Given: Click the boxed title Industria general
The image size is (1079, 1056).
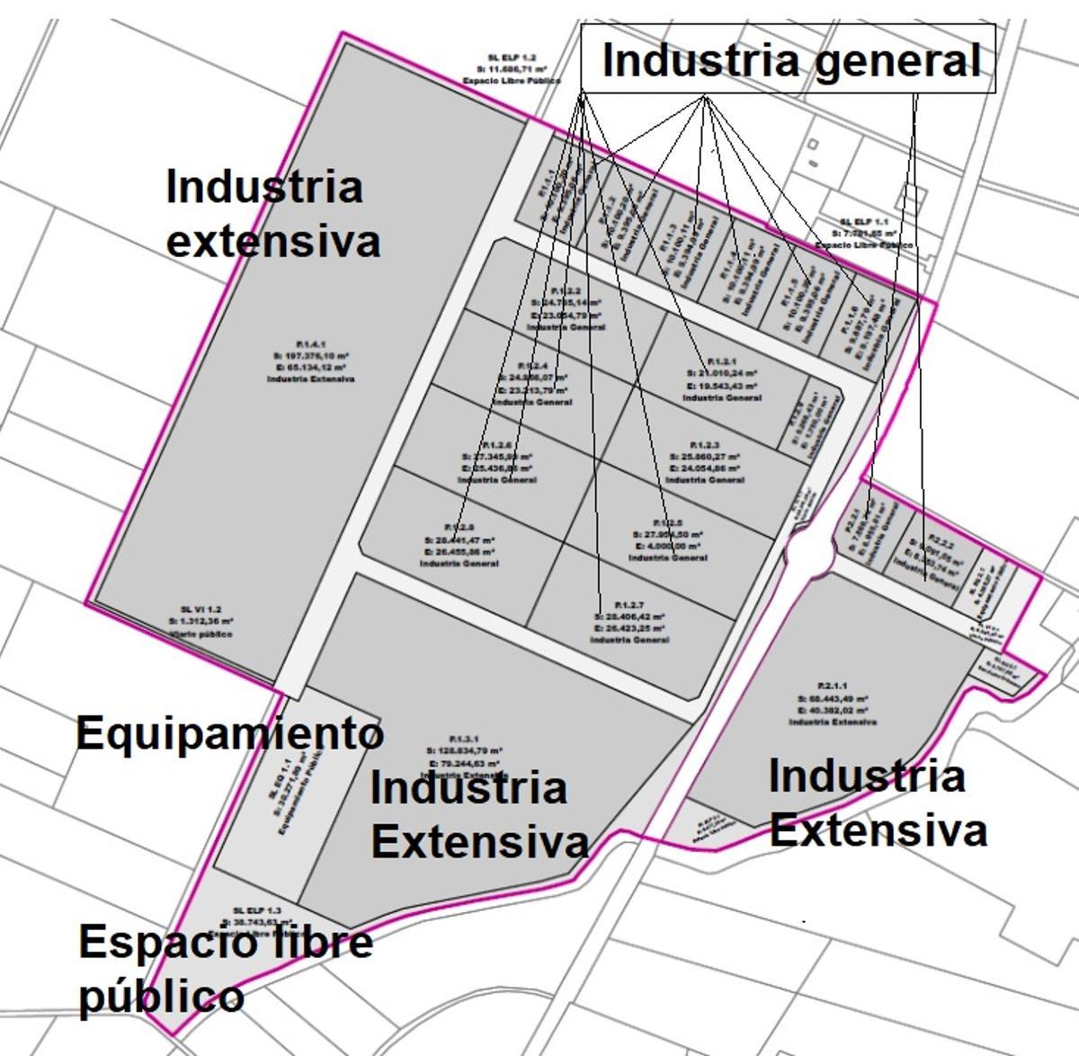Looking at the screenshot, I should (789, 59).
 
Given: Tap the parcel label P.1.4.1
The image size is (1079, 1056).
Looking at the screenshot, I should (310, 343).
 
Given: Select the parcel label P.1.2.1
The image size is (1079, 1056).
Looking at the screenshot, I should (721, 361).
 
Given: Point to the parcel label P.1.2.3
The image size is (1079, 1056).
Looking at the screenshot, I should (704, 446).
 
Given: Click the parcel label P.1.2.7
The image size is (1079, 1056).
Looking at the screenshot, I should (629, 605).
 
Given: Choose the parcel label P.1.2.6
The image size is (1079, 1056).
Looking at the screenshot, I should (497, 446).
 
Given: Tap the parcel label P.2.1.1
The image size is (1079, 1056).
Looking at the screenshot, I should (833, 686).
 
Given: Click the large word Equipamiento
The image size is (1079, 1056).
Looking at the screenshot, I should (229, 733).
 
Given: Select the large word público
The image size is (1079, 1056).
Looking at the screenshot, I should (161, 997).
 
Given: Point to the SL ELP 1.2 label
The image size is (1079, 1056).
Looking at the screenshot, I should (512, 58).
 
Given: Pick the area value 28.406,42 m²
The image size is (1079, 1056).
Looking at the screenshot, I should (629, 617).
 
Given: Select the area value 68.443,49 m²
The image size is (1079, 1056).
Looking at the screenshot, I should (833, 698).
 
